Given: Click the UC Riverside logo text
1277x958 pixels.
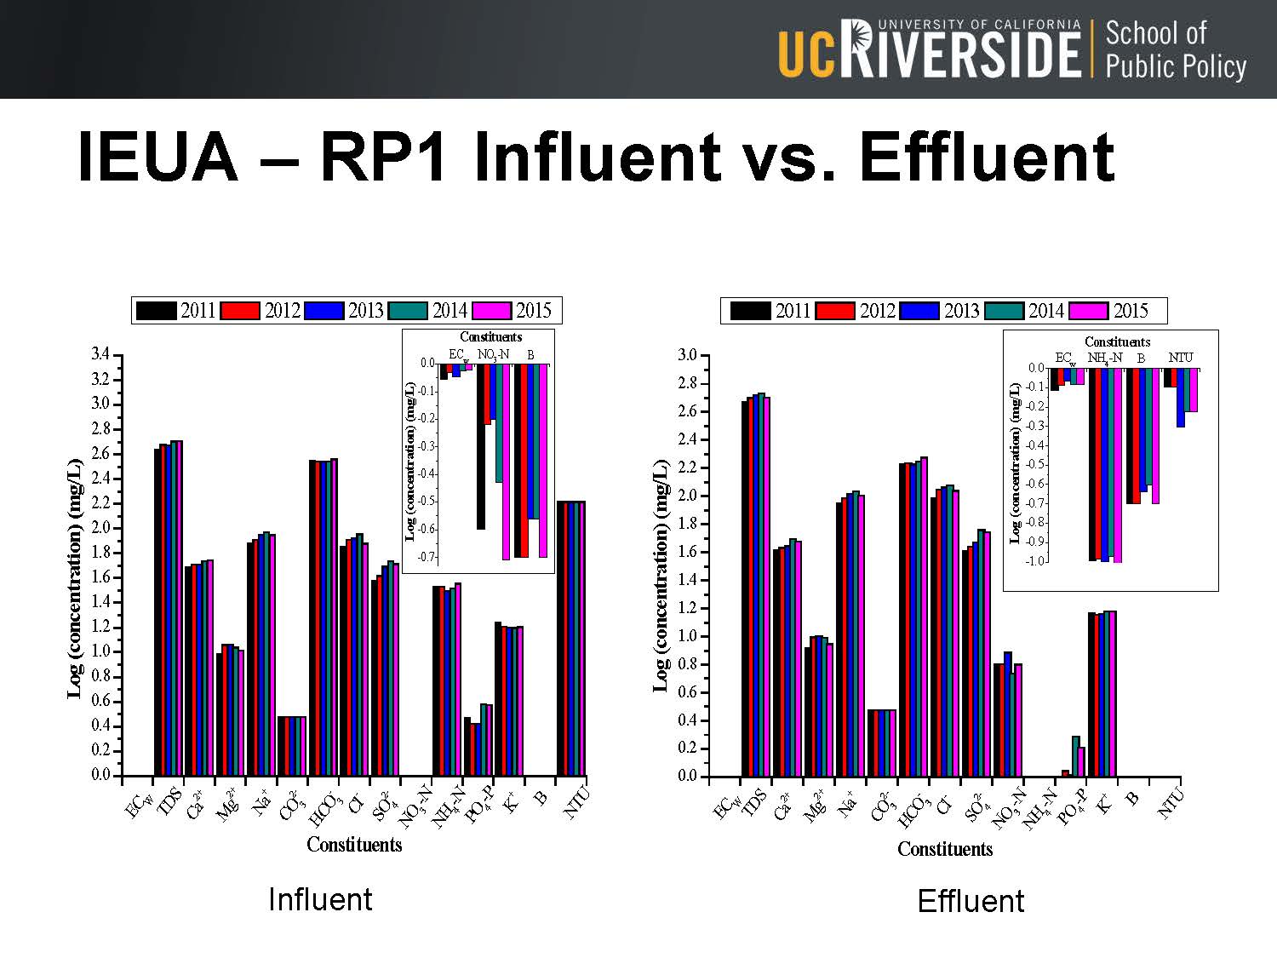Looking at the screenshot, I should (929, 50).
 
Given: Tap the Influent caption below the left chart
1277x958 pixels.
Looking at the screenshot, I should (319, 899).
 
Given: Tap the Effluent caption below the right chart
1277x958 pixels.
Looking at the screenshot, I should (971, 901).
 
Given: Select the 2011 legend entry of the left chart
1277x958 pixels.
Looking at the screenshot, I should (176, 311).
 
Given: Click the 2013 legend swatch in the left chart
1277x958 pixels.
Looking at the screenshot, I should (324, 311).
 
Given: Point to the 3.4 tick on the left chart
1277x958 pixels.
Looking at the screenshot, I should (100, 354).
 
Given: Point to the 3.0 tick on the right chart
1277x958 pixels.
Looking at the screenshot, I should (687, 355).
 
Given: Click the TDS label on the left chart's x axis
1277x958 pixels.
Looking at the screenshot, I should (169, 802).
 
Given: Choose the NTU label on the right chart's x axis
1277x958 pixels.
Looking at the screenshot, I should (1171, 803).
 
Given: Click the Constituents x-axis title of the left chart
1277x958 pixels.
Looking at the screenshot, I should (354, 845).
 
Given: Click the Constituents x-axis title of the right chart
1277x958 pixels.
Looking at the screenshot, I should (945, 849).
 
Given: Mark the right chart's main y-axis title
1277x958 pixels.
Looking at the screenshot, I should (661, 577).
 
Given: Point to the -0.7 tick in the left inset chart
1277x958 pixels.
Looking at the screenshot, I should (426, 557).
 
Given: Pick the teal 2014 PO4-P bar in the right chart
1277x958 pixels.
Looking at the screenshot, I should (1075, 755).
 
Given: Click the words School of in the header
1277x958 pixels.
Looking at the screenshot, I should (1155, 33).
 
